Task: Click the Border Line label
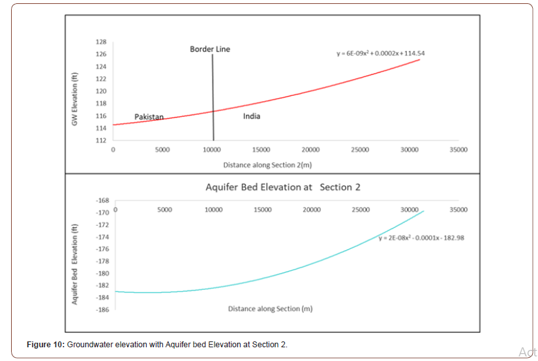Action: pyautogui.click(x=209, y=49)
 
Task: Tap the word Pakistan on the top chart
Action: pyautogui.click(x=149, y=117)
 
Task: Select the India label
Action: pyautogui.click(x=252, y=116)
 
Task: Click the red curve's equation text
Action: pyautogui.click(x=381, y=53)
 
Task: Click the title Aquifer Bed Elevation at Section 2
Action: pyautogui.click(x=283, y=187)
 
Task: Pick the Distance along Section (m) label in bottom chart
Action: pyautogui.click(x=270, y=309)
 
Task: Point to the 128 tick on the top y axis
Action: pyautogui.click(x=101, y=42)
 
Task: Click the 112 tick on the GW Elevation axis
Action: pyautogui.click(x=101, y=141)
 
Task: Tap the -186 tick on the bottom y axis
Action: pyautogui.click(x=102, y=310)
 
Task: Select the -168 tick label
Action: pyautogui.click(x=102, y=200)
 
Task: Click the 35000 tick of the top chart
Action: pyautogui.click(x=458, y=150)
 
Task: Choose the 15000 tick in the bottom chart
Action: pyautogui.click(x=263, y=210)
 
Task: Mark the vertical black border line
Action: pyautogui.click(x=213, y=98)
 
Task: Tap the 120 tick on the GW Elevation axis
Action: pyautogui.click(x=101, y=91)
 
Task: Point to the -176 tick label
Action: pyautogui.click(x=102, y=249)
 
